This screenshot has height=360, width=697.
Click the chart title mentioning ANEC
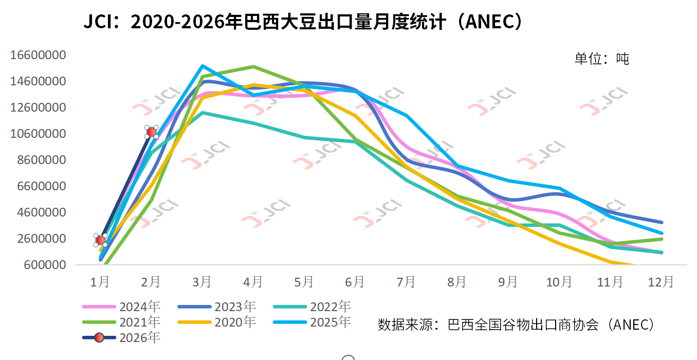click(x=304, y=22)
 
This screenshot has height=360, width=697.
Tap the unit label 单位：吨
click(x=601, y=59)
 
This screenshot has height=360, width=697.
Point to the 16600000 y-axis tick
click(x=39, y=55)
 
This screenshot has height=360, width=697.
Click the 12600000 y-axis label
click(x=39, y=107)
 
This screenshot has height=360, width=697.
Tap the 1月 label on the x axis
click(x=100, y=282)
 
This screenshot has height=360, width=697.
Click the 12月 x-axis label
click(x=661, y=282)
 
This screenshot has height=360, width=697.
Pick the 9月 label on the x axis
click(x=508, y=282)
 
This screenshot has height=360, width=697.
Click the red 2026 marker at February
click(x=152, y=132)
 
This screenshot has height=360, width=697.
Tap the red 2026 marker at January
click(x=100, y=240)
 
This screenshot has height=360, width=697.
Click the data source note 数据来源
click(x=517, y=325)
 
